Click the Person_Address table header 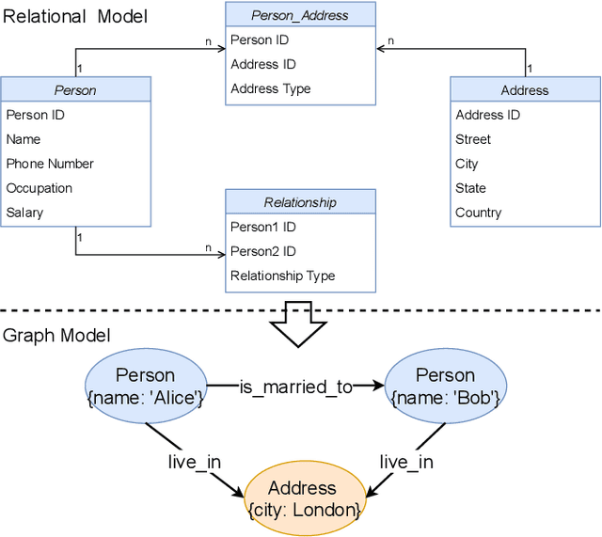300,15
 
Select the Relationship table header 300,202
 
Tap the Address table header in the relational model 525,90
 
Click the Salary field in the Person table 25,213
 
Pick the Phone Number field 50,164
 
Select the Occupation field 40,188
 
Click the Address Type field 271,88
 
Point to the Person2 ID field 263,251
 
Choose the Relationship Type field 283,276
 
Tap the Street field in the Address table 473,139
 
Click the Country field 479,213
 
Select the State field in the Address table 471,188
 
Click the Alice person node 146,386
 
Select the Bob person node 446,386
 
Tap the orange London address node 303,498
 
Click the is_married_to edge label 295,386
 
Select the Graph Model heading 56,336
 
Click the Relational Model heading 75,15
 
